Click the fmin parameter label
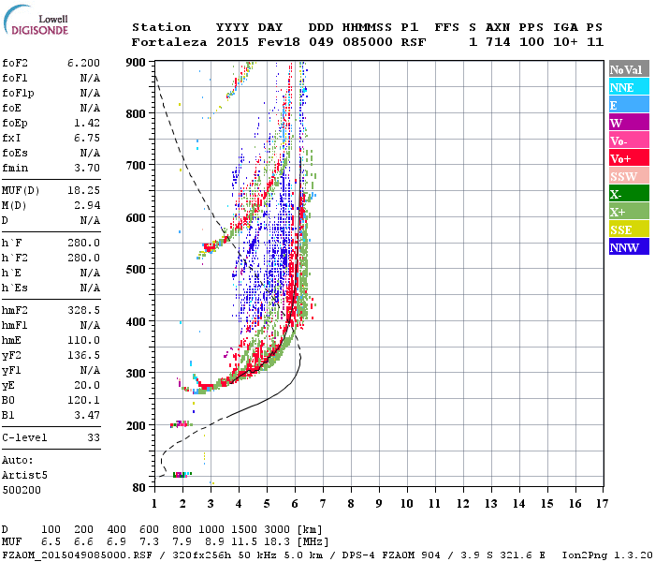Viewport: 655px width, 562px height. (16, 168)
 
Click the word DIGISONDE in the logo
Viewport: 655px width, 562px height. (34, 31)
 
